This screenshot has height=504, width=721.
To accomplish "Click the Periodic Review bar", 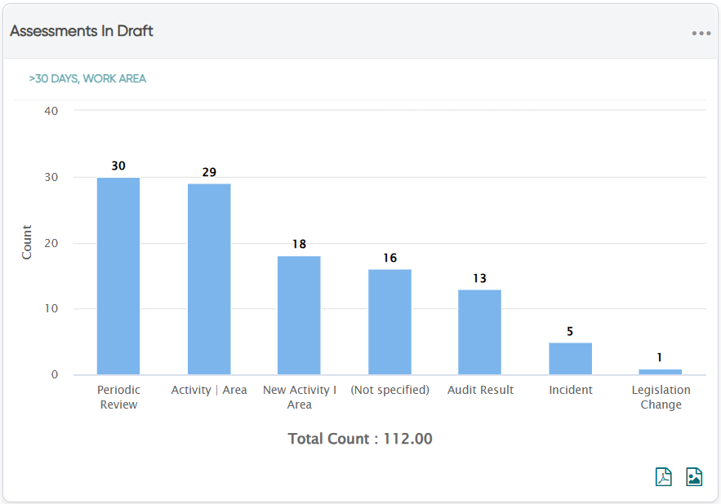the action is [118, 276].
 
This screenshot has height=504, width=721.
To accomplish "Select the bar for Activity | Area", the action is [209, 280].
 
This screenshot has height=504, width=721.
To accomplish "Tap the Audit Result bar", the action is [479, 332].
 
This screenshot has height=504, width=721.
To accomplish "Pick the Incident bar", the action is [570, 359].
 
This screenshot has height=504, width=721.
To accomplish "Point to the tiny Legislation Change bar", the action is [661, 372].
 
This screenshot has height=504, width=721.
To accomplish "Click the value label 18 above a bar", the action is [300, 244].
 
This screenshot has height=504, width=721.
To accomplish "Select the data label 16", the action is [390, 258].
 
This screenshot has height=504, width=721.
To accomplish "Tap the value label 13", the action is [479, 278].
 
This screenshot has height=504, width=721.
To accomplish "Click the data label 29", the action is [209, 172].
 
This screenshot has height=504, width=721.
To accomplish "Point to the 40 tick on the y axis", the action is [51, 111].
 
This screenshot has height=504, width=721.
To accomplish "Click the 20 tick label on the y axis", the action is [51, 243].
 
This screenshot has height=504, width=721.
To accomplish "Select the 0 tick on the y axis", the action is [55, 374].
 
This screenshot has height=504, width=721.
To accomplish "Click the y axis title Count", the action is [27, 242].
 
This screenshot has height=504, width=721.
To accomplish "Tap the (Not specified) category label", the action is [390, 390].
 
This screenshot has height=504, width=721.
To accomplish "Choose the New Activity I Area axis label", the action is [300, 397].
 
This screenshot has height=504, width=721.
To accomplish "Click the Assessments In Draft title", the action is [82, 31].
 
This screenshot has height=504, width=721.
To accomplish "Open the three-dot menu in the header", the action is [701, 33].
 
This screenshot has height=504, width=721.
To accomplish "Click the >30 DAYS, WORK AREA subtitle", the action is [87, 78].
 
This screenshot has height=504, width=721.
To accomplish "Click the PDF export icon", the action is [664, 476].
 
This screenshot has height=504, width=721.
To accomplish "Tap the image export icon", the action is [694, 476].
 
